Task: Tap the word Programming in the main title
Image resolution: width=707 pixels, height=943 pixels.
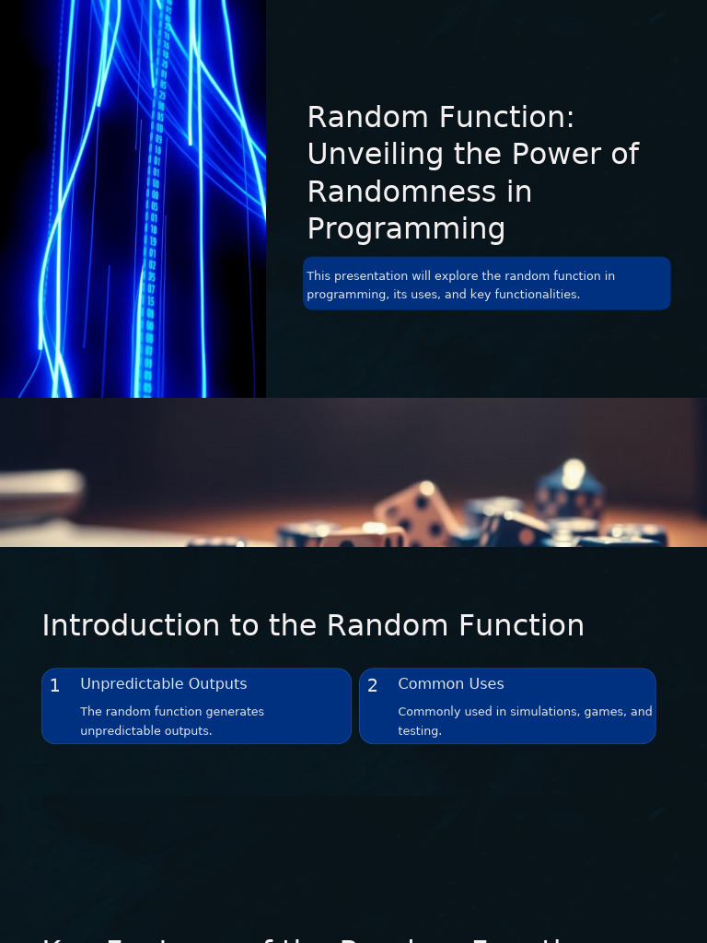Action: coord(406,228)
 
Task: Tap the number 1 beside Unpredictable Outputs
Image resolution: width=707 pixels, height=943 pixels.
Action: coord(55,686)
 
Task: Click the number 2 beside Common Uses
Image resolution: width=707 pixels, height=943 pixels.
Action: coord(373,686)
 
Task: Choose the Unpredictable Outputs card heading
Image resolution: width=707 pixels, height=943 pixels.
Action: coord(164,684)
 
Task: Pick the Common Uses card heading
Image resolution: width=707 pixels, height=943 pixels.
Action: coord(451,684)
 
